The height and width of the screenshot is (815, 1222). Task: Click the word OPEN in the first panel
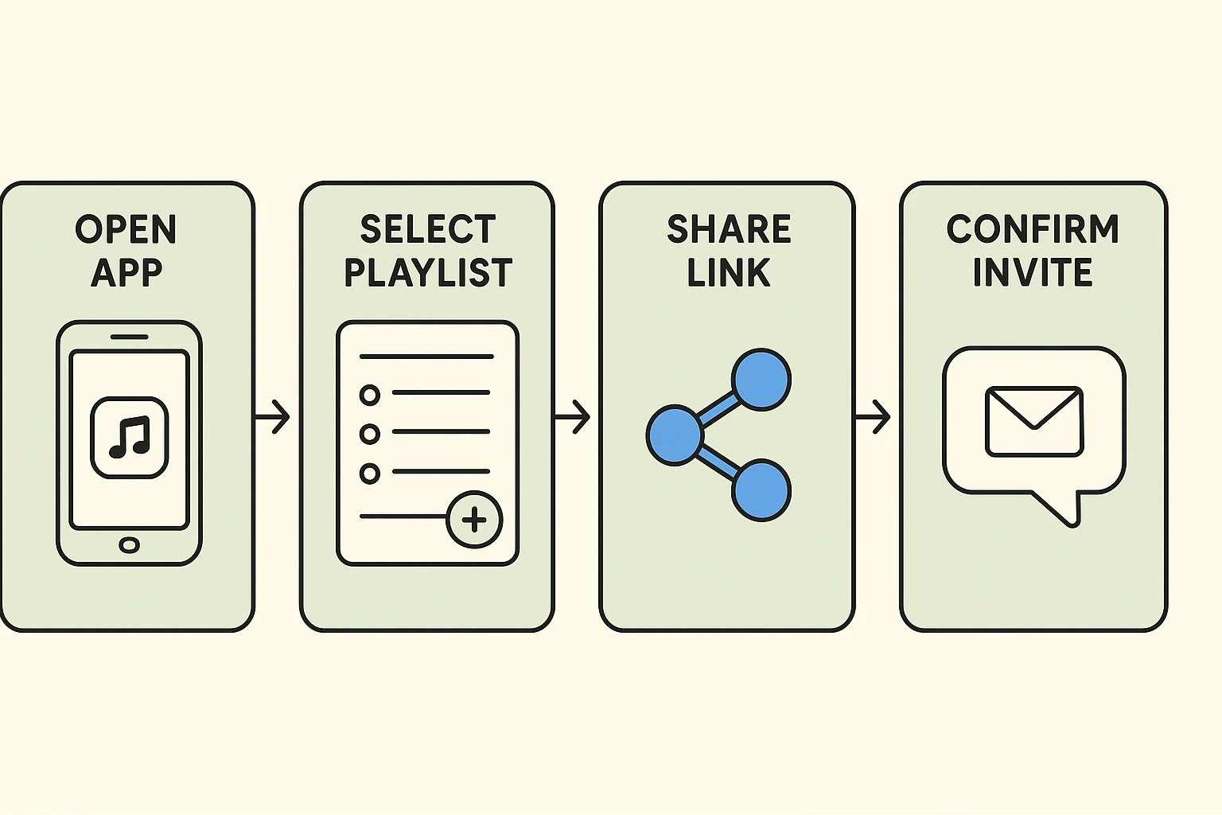[x=126, y=230]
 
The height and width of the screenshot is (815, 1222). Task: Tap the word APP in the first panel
[x=126, y=273]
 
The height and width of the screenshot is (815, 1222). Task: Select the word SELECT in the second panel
[x=428, y=230]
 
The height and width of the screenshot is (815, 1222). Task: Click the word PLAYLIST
[x=428, y=273]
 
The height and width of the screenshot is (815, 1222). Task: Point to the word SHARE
[x=729, y=230]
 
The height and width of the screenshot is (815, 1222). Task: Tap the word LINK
[x=729, y=273]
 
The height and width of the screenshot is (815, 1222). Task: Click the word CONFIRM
[x=1033, y=230]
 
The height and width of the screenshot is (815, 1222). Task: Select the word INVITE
[x=1033, y=273]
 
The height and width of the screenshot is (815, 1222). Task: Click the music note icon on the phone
[x=130, y=438]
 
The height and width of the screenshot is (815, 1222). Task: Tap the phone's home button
[x=129, y=545]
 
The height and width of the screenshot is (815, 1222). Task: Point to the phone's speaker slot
[x=129, y=337]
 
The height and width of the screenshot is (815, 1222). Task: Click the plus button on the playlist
[x=474, y=520]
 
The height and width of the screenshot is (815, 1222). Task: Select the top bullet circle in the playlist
[x=369, y=394]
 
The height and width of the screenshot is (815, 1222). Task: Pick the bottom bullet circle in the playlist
[x=369, y=474]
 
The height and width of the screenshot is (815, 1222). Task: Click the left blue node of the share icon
[x=675, y=435]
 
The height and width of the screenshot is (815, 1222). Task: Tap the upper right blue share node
[x=761, y=380]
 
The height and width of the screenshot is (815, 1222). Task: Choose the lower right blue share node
[x=761, y=490]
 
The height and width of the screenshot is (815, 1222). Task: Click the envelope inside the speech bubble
[x=1034, y=422]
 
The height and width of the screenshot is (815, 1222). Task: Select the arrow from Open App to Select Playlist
[x=273, y=416]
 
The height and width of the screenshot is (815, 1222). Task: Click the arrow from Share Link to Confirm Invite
[x=874, y=416]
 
